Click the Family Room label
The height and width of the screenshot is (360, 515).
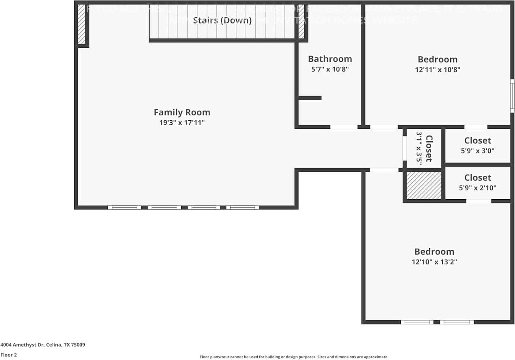tap(182, 112)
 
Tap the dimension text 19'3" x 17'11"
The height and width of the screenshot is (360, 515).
tap(182, 123)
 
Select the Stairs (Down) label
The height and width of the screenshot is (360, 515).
tap(222, 20)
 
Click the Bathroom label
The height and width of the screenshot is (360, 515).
tap(330, 59)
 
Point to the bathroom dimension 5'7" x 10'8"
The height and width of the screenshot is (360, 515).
tap(330, 69)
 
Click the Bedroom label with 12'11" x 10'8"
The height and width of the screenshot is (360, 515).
tap(438, 59)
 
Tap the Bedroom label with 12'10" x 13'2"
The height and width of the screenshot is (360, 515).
tap(434, 251)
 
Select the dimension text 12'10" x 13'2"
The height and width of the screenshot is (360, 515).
tap(434, 262)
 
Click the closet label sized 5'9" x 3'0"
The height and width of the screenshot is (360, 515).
tap(478, 141)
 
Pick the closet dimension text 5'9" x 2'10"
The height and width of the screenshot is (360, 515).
tap(478, 188)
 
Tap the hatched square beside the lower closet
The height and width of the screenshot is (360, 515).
tap(424, 185)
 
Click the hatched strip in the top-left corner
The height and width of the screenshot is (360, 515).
tap(81, 24)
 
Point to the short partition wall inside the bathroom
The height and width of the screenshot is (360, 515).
tap(310, 98)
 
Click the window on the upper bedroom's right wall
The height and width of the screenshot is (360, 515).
tap(512, 96)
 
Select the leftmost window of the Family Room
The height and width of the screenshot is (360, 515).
tap(124, 207)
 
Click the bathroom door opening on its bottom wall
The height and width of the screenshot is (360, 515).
tap(344, 127)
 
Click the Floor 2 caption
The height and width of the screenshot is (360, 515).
tap(9, 355)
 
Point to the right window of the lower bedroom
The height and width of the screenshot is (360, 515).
tap(457, 322)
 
